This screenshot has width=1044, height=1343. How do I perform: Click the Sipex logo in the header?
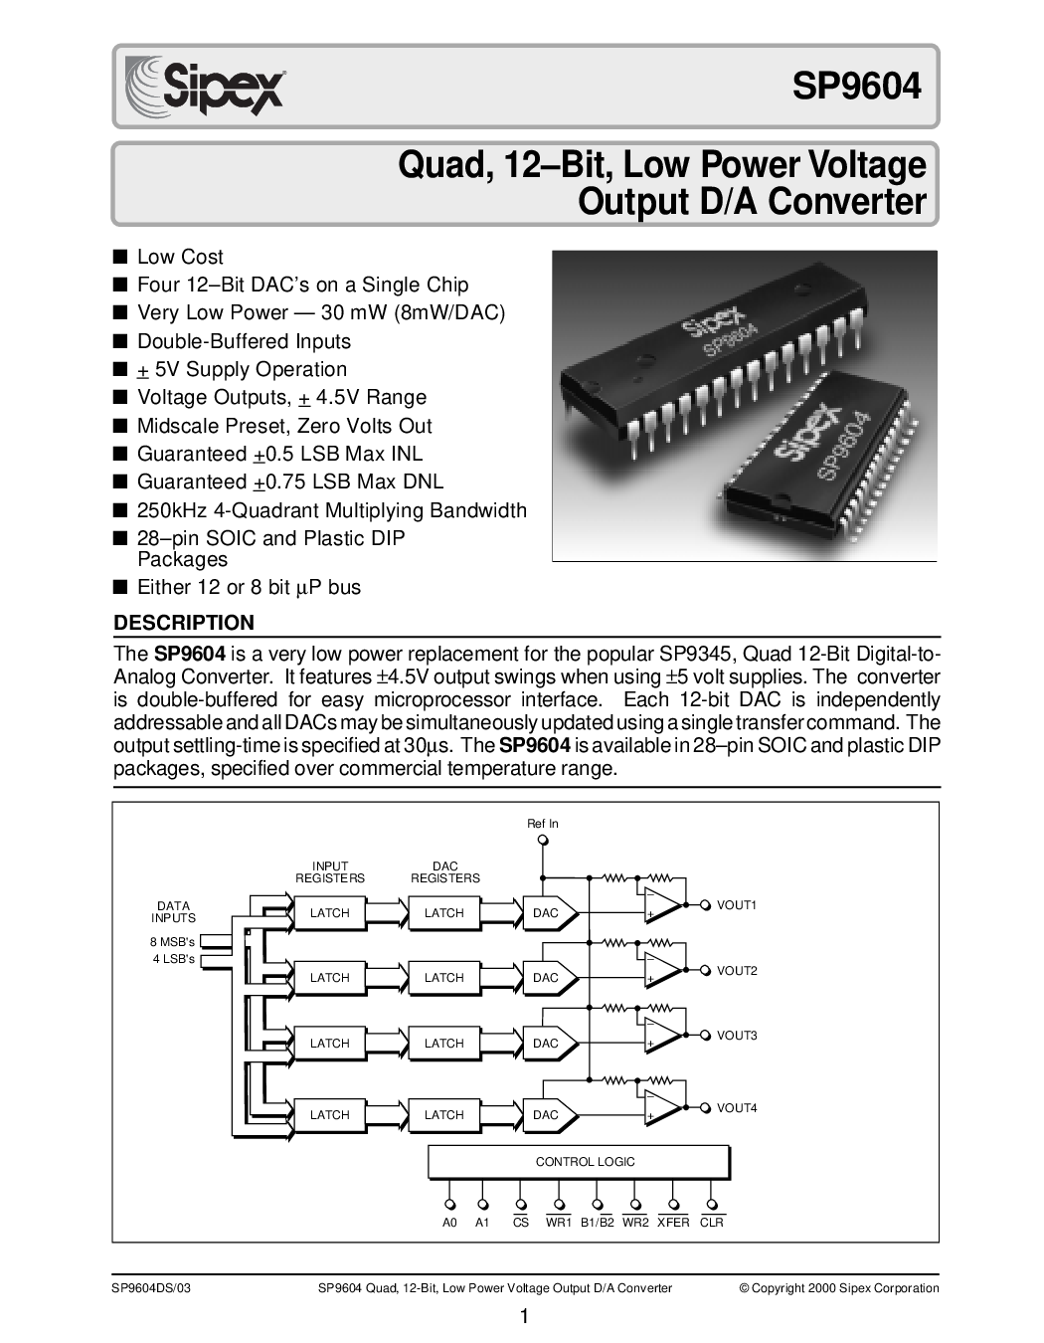(x=205, y=86)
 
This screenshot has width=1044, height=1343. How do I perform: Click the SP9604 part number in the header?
(x=857, y=86)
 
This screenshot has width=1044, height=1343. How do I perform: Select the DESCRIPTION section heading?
(x=184, y=623)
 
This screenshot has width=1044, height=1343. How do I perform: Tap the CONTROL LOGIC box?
(x=579, y=1162)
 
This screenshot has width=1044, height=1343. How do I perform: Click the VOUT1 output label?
(x=737, y=905)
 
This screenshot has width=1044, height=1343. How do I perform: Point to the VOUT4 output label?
(x=737, y=1108)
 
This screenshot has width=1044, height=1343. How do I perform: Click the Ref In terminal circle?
(x=543, y=840)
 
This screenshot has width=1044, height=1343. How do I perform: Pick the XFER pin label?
(x=673, y=1223)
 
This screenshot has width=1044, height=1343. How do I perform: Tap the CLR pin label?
(x=712, y=1223)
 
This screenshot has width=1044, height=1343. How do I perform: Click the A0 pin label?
(x=449, y=1223)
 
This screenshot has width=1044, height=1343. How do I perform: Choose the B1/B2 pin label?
(x=598, y=1223)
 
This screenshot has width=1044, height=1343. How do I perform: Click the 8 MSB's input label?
(x=172, y=942)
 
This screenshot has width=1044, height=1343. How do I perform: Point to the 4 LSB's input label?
(x=174, y=959)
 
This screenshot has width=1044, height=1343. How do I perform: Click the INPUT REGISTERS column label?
(x=330, y=872)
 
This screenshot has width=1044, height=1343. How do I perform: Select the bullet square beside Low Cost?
(x=120, y=257)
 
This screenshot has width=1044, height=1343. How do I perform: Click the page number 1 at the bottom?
(x=524, y=1317)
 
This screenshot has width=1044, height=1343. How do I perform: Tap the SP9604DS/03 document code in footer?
(x=151, y=1288)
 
